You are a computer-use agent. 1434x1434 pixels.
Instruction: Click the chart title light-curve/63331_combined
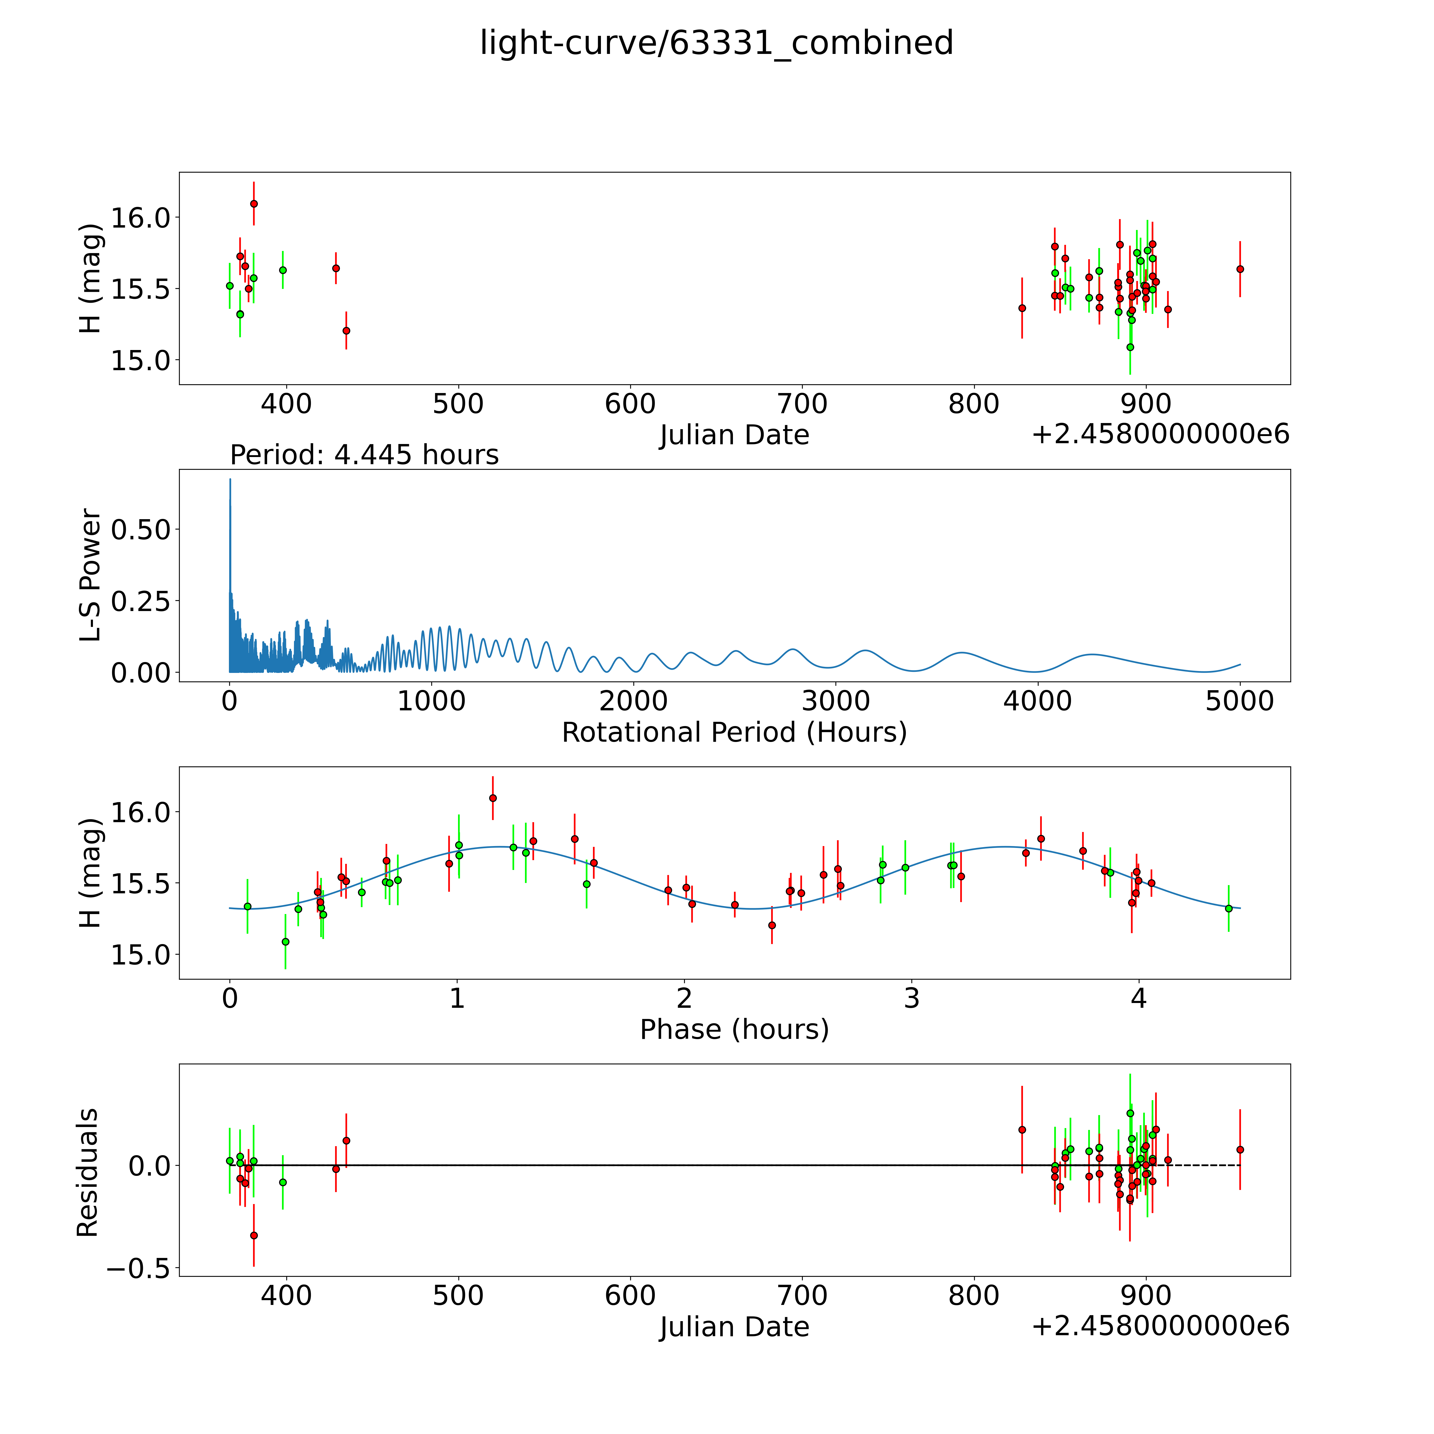point(716,43)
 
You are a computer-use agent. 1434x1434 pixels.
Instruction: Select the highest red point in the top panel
point(254,203)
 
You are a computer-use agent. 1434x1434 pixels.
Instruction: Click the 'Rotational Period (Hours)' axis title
point(734,733)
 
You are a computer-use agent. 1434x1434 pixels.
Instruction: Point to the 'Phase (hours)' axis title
point(734,1030)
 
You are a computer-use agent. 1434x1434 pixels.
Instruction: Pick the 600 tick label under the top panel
point(630,404)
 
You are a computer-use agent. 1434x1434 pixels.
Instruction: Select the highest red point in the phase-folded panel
point(493,798)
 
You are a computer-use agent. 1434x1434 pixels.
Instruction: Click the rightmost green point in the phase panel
point(1228,908)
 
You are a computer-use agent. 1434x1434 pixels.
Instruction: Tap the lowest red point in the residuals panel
point(254,1235)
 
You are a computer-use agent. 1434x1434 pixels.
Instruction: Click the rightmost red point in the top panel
point(1240,270)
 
